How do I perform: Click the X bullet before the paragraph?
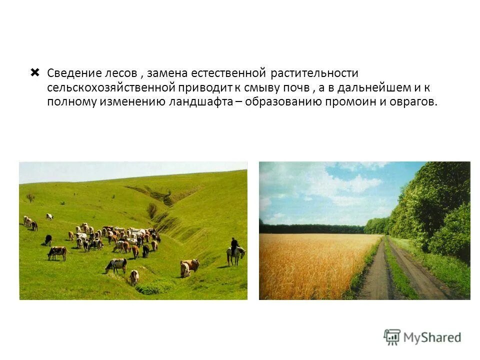coord(34,73)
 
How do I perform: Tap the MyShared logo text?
coord(432,337)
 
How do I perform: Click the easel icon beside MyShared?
coord(392,337)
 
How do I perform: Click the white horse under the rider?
coord(235,254)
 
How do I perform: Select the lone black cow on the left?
coord(48,240)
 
